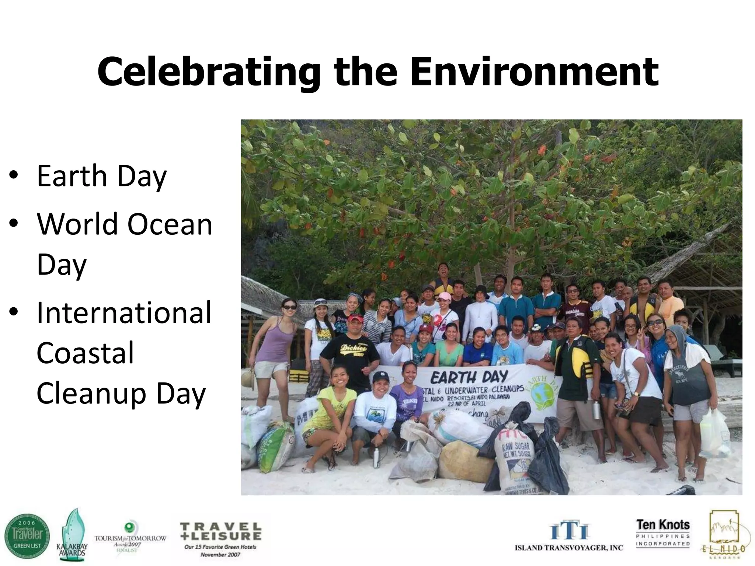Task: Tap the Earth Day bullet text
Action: (x=102, y=176)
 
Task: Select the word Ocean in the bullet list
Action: (x=170, y=224)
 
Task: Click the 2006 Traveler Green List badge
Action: (x=27, y=536)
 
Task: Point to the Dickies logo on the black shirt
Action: (x=353, y=348)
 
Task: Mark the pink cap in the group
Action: (x=444, y=296)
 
